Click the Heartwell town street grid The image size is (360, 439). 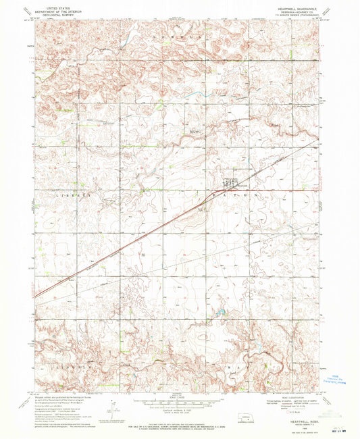(230, 182)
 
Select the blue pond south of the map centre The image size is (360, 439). (220, 313)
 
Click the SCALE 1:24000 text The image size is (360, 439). (178, 395)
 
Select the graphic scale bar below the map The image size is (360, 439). (178, 403)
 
